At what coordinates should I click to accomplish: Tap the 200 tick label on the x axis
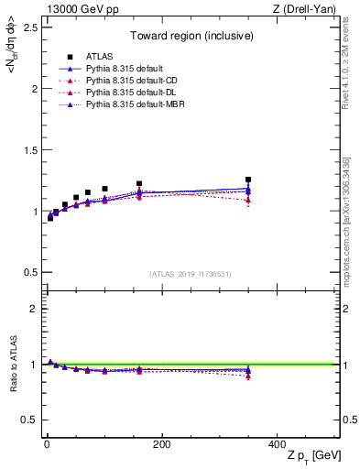[161, 444]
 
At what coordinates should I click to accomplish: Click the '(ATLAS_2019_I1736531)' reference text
[191, 273]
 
